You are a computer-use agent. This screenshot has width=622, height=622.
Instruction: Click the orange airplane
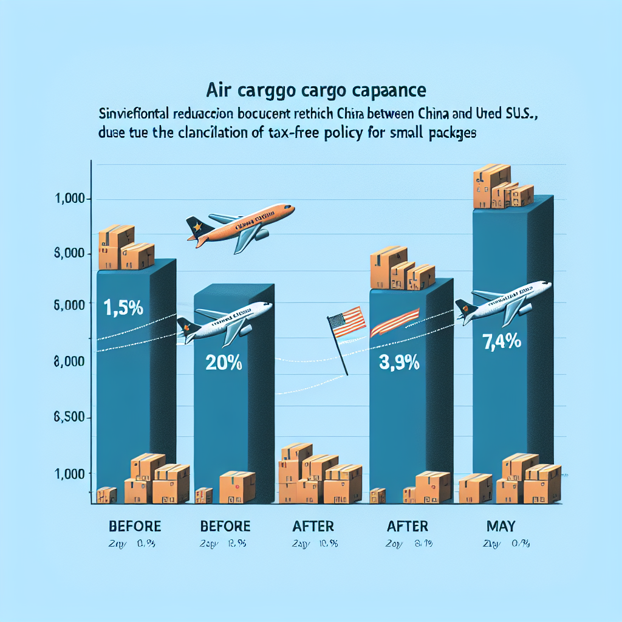pyautogui.click(x=243, y=222)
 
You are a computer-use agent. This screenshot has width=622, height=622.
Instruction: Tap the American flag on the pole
pyautogui.click(x=346, y=321)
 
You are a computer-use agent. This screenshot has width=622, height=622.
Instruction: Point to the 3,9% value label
pyautogui.click(x=400, y=364)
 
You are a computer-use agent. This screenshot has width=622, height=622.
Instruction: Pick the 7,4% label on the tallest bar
pyautogui.click(x=502, y=341)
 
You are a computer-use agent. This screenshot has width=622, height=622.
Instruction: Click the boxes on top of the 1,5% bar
pyautogui.click(x=125, y=248)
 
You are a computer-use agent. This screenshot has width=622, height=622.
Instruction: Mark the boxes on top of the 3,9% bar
pyautogui.click(x=401, y=268)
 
